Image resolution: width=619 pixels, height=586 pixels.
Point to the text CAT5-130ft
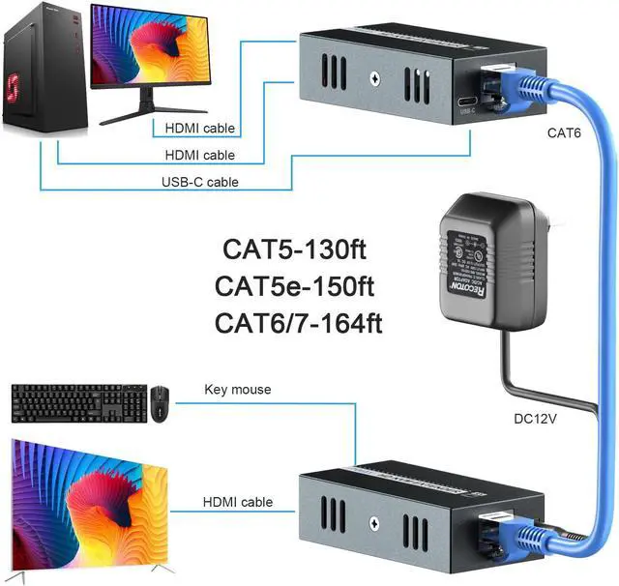pos(296,250)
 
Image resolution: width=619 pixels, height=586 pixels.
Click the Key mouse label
pos(238,390)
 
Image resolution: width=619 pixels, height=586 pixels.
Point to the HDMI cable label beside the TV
pos(237,502)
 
